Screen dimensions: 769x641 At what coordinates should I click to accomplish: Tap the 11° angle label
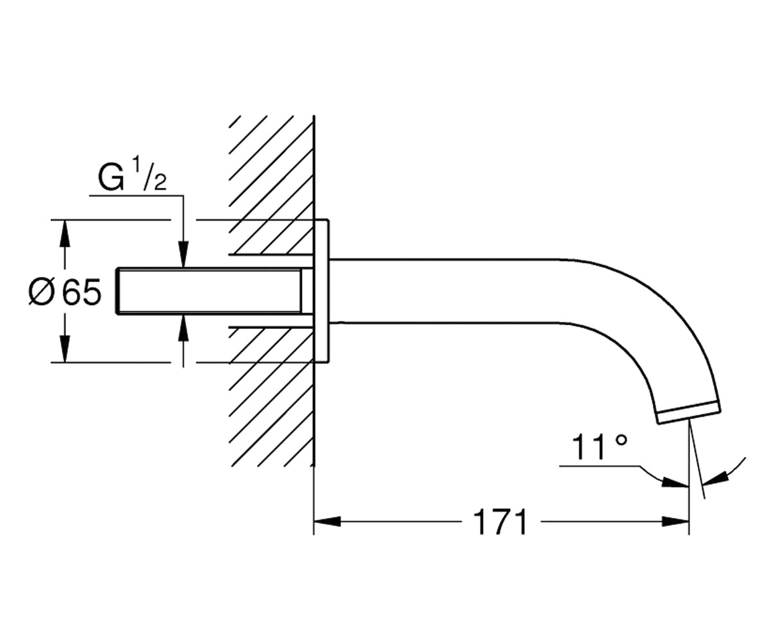pyautogui.click(x=599, y=447)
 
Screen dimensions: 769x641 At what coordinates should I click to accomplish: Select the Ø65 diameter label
pyautogui.click(x=65, y=292)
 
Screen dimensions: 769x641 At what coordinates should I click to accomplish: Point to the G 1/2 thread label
pyautogui.click(x=133, y=177)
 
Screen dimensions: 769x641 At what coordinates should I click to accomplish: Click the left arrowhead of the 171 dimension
pyautogui.click(x=327, y=522)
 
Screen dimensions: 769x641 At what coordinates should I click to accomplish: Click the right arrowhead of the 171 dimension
pyautogui.click(x=675, y=522)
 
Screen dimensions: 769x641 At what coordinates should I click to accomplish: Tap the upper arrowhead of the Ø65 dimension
pyautogui.click(x=65, y=233)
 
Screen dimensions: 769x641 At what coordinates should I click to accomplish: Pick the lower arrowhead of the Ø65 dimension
pyautogui.click(x=65, y=349)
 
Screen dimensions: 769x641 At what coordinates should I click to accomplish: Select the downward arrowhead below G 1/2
pyautogui.click(x=183, y=254)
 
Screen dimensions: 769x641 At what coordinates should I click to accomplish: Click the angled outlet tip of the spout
pyautogui.click(x=689, y=417)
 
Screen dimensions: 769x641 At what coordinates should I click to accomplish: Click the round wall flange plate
pyautogui.click(x=321, y=291)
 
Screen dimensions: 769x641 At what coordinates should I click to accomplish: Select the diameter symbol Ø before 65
pyautogui.click(x=42, y=292)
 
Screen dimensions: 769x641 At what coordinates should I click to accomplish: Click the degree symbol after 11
pyautogui.click(x=621, y=440)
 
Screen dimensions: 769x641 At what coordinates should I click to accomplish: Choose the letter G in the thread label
pyautogui.click(x=111, y=178)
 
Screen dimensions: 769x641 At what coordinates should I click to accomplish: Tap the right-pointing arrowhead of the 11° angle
pyautogui.click(x=675, y=483)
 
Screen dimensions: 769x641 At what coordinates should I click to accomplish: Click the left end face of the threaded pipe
pyautogui.click(x=117, y=291)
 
